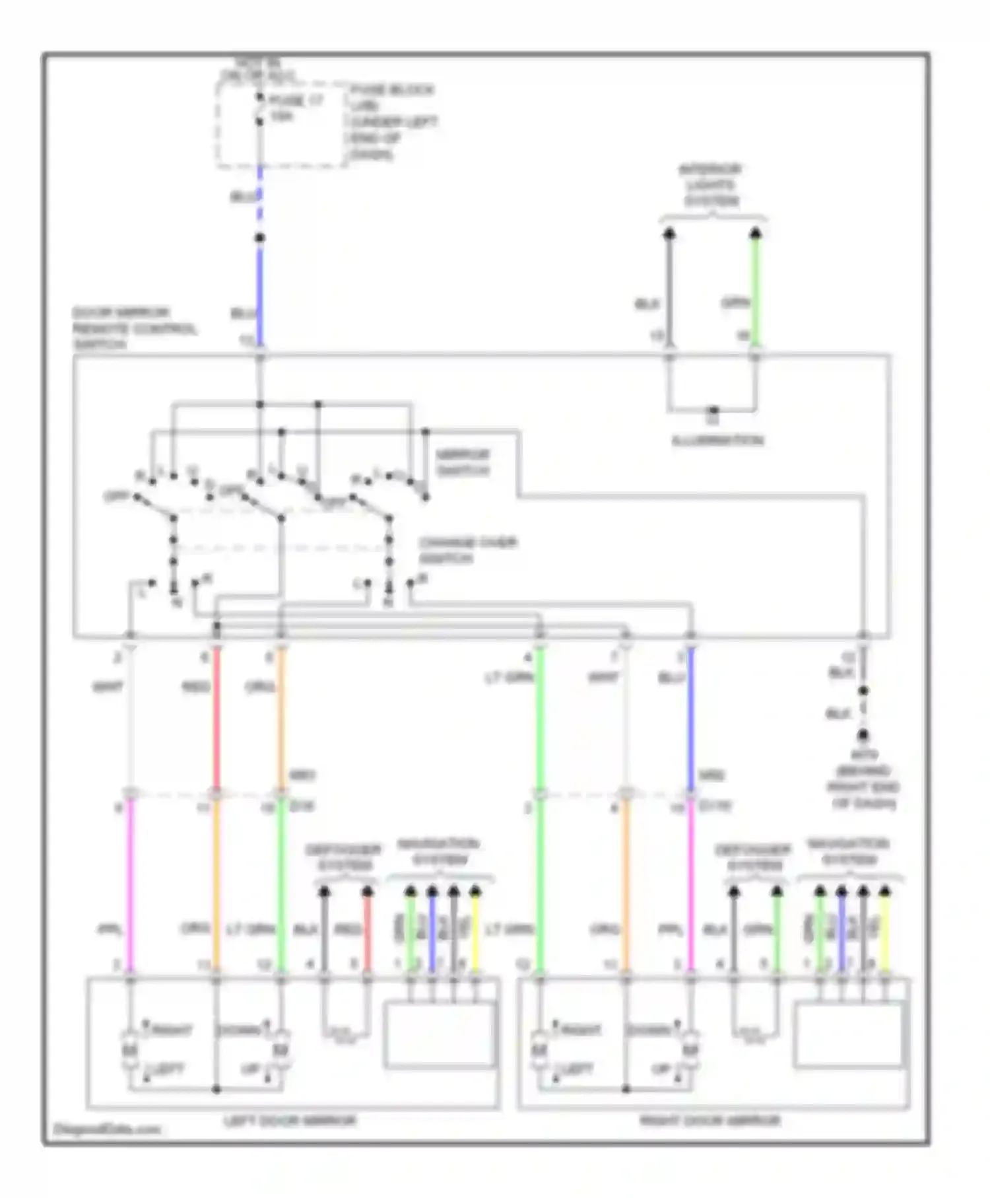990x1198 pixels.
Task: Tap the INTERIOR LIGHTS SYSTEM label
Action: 710,185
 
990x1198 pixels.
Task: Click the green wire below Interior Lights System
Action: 756,291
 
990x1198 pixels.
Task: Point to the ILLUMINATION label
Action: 717,440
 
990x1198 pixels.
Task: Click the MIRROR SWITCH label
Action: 463,462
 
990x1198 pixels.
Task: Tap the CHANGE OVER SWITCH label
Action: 467,550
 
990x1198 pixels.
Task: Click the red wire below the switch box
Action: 216,720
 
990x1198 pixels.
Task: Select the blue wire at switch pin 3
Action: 690,720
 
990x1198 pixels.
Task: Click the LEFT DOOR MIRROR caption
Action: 290,1121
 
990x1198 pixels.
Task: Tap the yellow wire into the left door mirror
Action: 475,938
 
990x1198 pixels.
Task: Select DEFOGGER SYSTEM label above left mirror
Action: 343,857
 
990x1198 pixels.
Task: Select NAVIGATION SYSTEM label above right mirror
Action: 848,852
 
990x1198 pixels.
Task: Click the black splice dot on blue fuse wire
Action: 259,238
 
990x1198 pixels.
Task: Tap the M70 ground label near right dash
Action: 862,779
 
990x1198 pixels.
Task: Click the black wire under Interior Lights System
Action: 669,291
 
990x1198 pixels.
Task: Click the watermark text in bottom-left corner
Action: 106,1129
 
